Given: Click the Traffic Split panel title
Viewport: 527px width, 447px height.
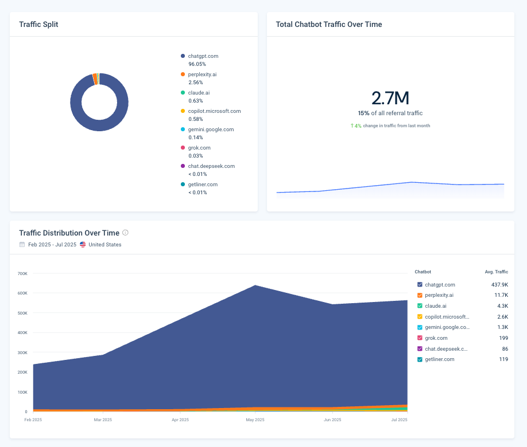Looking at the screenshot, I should coord(38,25).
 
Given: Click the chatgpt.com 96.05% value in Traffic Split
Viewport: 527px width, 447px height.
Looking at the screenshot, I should coord(197,64).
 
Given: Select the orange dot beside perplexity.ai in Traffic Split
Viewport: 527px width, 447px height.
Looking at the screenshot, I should coord(183,74).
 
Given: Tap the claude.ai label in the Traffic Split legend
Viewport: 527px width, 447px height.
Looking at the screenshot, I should coord(199,93).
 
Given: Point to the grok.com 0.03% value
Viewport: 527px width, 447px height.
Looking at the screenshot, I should coord(196,156).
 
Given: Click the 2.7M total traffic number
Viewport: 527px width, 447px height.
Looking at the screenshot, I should coord(390,98).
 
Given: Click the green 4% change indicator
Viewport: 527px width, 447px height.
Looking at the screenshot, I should coord(356,126).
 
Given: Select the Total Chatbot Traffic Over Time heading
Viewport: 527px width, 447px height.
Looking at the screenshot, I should coord(329,25).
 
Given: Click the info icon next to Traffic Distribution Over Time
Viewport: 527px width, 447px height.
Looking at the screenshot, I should coord(125,233).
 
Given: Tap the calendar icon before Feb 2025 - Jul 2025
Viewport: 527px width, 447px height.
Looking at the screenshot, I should coord(22,245).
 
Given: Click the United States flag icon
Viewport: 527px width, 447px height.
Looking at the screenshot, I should coord(83,245).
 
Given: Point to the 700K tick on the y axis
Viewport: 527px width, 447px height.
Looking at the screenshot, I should coord(22,273).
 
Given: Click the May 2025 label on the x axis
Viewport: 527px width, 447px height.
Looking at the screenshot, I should coord(255,419).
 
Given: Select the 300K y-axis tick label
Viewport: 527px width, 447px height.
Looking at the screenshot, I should coord(22,352).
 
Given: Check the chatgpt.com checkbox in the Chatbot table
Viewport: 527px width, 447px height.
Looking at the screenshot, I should coord(420,284).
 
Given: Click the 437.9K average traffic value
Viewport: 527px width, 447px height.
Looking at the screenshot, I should coord(499,284).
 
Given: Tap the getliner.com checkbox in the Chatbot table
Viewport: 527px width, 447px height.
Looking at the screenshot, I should coord(420,359).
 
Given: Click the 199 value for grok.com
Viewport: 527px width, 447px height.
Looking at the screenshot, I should coord(503,338).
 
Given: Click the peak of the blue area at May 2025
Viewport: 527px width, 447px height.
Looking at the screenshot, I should coord(255,285).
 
